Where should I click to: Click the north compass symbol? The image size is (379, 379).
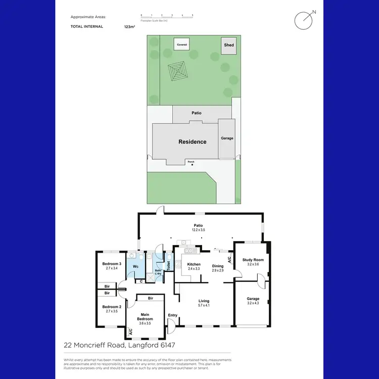[304, 20]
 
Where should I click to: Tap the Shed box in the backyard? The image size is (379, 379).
[229, 45]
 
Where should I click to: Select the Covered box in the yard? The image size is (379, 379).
[182, 44]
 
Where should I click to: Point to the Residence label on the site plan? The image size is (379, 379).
[193, 142]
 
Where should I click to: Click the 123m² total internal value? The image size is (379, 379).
[129, 26]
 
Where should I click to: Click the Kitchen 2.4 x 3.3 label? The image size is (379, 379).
[194, 266]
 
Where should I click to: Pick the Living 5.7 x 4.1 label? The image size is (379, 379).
[204, 303]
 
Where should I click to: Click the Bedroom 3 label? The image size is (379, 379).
[112, 266]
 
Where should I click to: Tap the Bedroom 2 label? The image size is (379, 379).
[112, 309]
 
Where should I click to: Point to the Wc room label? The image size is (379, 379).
[135, 266]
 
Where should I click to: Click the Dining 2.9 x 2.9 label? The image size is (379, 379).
[218, 268]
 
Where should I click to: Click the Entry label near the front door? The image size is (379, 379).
[173, 316]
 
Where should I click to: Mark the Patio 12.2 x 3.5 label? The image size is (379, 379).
[198, 227]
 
